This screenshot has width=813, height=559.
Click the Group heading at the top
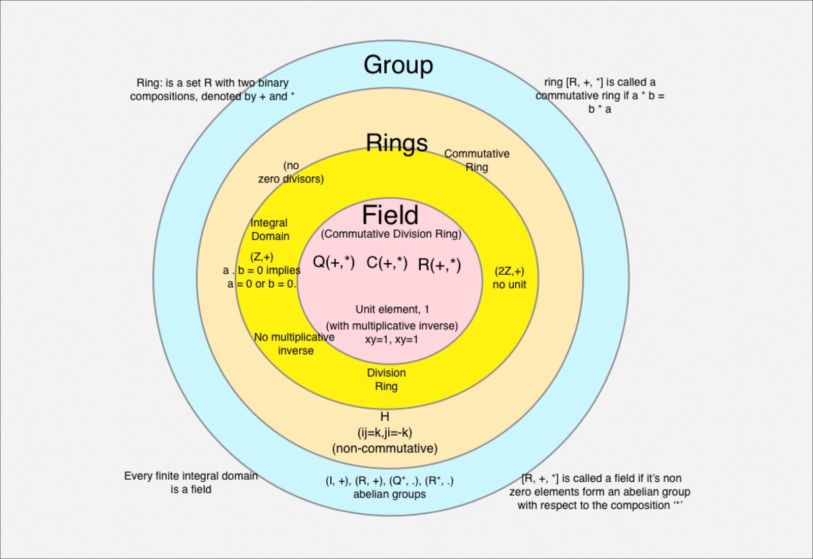pos(398,65)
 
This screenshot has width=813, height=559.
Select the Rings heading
pos(397,143)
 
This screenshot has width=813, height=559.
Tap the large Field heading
pos(390,215)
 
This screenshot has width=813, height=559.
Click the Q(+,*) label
pos(333,262)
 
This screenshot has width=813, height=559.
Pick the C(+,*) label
pos(387,263)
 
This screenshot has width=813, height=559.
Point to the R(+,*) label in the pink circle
pos(440,265)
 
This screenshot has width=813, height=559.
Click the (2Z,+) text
pos(509,271)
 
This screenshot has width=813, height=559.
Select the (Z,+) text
pos(262,257)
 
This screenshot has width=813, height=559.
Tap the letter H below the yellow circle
pos(385,417)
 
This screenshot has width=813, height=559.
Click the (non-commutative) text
pos(385,448)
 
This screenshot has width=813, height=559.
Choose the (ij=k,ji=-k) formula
pos(385,432)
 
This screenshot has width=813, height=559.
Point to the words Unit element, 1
pos(392,309)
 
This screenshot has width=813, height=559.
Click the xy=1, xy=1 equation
pos(391,339)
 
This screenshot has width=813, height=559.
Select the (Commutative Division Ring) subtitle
pos(391,234)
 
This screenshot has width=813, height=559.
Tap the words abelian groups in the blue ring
pos(390,494)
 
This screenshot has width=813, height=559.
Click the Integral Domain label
pos(269,229)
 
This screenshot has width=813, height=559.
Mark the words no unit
pos(509,285)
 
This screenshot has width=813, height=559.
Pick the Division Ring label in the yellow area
pos(386,380)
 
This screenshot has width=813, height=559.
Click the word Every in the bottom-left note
pos(138,476)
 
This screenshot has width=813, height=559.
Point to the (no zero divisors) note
pos(291,172)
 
